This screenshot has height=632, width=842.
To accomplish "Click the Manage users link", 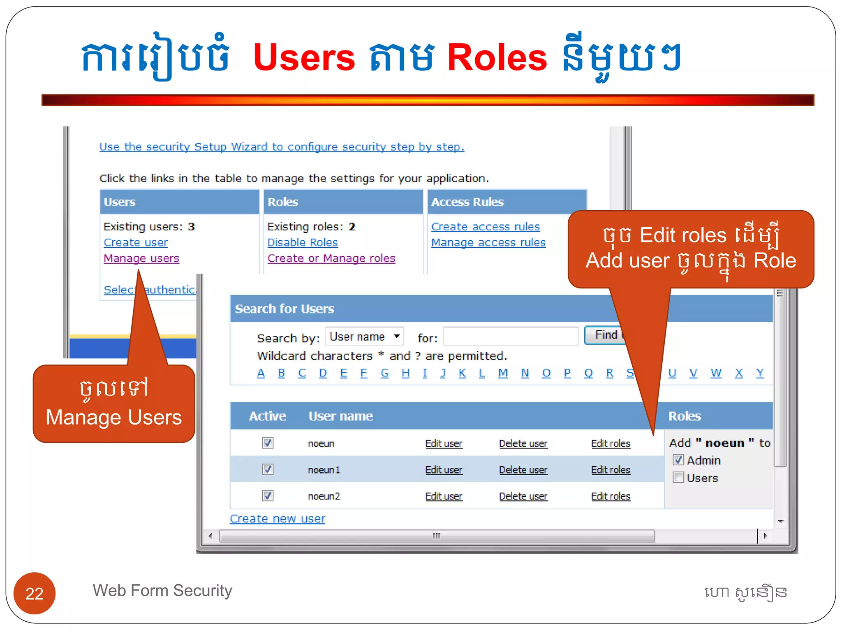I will coord(141,258).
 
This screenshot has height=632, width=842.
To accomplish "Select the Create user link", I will coord(135,243).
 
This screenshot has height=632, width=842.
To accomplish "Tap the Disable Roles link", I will coord(302,243).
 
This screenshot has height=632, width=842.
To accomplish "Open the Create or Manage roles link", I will coord(331,258).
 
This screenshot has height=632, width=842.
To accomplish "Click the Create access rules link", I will coord(485,227).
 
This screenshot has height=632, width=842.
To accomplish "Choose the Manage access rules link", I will coord(488,243).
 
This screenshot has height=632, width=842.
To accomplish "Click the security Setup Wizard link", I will coord(282,147).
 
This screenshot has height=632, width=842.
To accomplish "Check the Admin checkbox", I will coord(678,460).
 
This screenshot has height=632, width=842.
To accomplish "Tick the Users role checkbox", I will coord(678,478).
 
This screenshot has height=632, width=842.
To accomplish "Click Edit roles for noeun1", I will coord(611,470).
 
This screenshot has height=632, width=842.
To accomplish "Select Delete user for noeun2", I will coord(523,496).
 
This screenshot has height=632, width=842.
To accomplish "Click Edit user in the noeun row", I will coord(444,444).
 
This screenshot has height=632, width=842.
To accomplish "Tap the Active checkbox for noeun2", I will coord(268,496).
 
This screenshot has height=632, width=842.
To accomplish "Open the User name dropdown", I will coord(365,337).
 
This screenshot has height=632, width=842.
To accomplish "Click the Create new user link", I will coord(278,519).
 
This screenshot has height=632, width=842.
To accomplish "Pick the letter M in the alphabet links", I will coord(502,373).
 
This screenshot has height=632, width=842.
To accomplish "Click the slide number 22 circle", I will coord(35,593).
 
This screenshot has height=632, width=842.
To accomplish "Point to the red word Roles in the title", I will coord(497,58).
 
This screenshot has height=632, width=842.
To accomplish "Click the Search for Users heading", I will coord(285,309).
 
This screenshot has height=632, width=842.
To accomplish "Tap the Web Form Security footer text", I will coord(162,591).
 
